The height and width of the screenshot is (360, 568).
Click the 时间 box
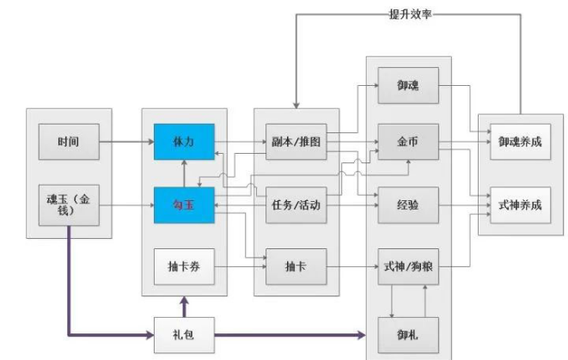[69, 142]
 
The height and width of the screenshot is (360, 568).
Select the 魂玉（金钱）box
[69, 205]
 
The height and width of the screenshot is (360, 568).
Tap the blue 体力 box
[183, 141]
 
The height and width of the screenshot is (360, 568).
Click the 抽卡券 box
[183, 267]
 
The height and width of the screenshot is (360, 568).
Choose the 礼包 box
[183, 331]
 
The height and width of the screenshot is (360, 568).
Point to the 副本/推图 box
[296, 141]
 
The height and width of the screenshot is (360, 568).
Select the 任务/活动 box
[296, 206]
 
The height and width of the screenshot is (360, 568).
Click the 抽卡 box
[296, 267]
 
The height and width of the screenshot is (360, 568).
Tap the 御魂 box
[409, 88]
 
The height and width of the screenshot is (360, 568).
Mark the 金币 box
[409, 141]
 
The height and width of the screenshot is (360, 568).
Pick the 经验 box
[409, 206]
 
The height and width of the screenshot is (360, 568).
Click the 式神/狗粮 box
[409, 267]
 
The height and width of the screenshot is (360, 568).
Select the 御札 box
[409, 331]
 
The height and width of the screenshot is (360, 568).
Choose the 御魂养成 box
[520, 141]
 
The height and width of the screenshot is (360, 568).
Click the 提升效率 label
[409, 15]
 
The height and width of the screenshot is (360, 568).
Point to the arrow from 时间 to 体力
[125, 141]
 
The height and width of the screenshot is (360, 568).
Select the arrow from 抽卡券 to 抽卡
[239, 267]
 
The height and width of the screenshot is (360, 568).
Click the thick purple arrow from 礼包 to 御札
[292, 332]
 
